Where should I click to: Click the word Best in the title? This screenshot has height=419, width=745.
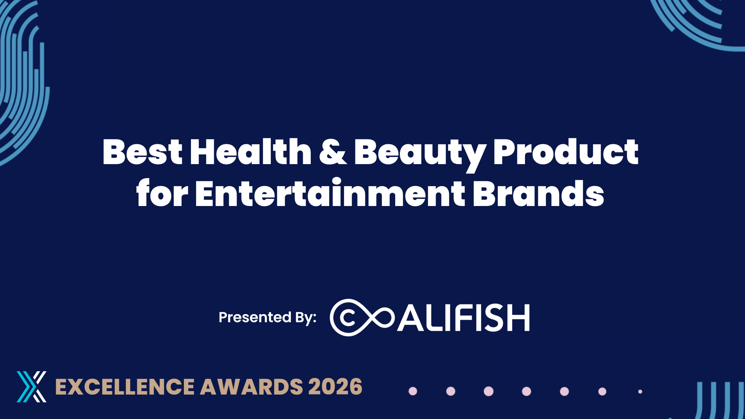pos(143,152)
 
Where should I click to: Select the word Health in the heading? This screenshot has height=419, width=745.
pos(251,152)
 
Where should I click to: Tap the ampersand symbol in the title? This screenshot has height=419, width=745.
pos(333,152)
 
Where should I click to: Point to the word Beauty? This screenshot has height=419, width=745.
pos(420,155)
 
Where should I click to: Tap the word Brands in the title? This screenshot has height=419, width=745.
pos(539,193)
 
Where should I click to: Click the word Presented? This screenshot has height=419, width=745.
pos(255,317)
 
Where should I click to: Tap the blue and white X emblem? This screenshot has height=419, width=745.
pos(31,387)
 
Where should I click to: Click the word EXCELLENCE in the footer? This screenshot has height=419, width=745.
pos(125,387)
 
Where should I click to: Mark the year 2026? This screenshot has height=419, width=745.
pos(335,387)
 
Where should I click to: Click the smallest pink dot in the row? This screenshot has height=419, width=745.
pos(640,392)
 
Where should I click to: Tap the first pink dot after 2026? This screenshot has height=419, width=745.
pos(413,391)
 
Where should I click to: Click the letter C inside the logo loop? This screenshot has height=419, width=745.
pos(347,317)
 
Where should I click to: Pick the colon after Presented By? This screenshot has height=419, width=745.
pos(315,317)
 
